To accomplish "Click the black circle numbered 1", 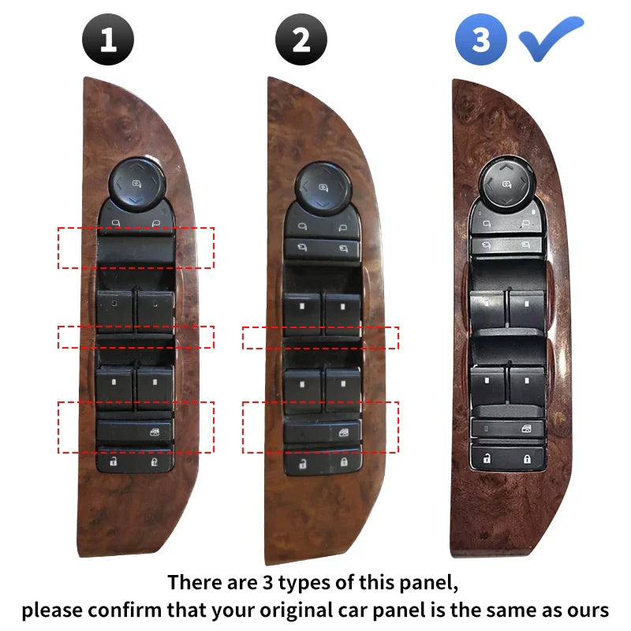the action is tap(108, 39).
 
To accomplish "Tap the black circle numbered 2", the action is tap(301, 39).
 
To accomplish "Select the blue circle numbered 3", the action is tap(481, 39).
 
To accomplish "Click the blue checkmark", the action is tap(551, 38).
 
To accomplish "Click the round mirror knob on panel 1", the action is tap(136, 185).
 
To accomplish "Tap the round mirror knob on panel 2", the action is tap(323, 189).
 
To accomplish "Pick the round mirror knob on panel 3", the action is tap(506, 184).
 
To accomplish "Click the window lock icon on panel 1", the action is tap(155, 432).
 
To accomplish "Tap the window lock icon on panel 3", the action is tap(526, 428).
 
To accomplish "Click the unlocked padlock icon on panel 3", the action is tap(487, 458).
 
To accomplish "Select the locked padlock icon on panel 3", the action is tap(527, 458).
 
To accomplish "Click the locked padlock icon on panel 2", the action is tap(344, 461).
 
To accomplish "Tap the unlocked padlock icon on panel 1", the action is tap(114, 461).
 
